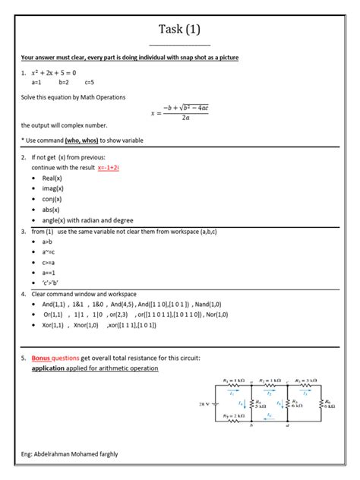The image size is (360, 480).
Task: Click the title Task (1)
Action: click(180, 30)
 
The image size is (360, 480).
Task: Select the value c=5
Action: click(90, 81)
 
